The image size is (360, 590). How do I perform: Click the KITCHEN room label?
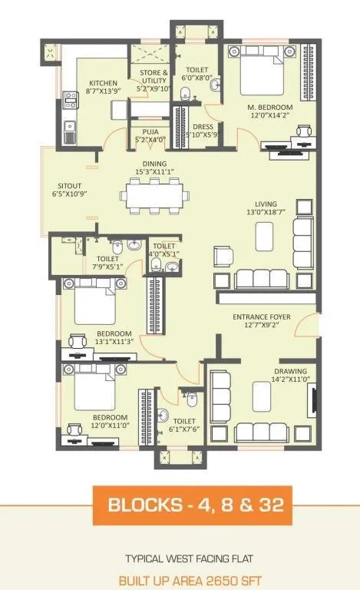(x=103, y=84)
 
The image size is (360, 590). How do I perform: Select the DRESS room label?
(x=203, y=128)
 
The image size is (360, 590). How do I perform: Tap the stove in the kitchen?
(x=70, y=98)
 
